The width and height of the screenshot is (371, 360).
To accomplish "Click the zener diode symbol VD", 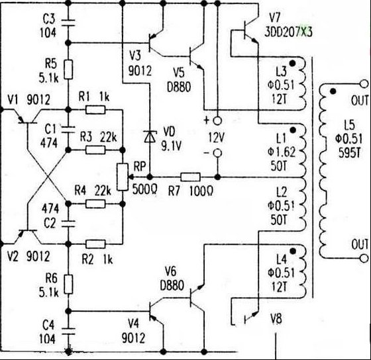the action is pos(150,136).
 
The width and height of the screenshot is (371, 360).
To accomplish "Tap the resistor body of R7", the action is pos(190,177).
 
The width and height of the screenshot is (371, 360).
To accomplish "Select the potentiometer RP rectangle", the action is pos(123,177).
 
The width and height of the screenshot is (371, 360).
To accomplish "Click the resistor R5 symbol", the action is pos(68,69).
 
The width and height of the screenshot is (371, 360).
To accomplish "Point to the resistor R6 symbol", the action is pos(68,284).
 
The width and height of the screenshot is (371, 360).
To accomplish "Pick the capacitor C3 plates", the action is pos(68,22).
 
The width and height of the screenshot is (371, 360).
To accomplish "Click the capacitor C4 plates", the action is pos(68,331).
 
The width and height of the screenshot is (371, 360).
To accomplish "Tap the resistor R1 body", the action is pos(95,110).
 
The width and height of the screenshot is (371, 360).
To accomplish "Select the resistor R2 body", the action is pos(95,244).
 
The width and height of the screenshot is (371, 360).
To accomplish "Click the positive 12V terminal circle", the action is pos(217,121).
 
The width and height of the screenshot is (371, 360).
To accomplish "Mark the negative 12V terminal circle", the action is pos(217,154).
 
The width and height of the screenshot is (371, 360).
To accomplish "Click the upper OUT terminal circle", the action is pos(364,84).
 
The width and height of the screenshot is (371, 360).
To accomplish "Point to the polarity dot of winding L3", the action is pos(293,64).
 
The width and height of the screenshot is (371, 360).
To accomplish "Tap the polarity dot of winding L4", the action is pos(293,251).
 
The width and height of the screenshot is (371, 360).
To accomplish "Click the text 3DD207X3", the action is pos(288,32).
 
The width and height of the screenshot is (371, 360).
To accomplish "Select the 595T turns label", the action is pos(350,153).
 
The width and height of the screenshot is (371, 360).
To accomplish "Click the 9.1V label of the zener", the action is pos(172,146).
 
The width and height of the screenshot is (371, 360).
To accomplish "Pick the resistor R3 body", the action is pos(95,150).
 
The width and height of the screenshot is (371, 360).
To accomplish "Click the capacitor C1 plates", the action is pos(68,130).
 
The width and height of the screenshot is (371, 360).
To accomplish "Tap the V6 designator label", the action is pos(171,271).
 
